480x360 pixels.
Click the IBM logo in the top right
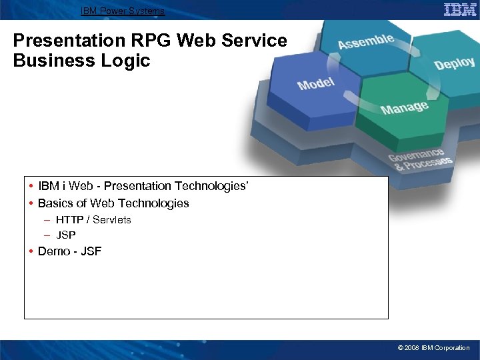(x=460, y=9)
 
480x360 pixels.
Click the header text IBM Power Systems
(x=123, y=11)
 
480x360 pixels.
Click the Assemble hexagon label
(x=365, y=41)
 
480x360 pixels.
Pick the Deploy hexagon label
(x=454, y=63)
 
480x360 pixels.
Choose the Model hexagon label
(x=316, y=84)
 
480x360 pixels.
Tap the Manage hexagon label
(x=404, y=107)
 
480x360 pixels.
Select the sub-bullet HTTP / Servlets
(x=93, y=219)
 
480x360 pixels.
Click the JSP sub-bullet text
(x=66, y=235)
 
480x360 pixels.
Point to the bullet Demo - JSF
(x=69, y=251)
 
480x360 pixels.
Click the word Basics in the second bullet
(x=55, y=203)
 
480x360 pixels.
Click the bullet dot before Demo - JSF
(x=31, y=251)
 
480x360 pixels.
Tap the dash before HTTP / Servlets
(x=47, y=219)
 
